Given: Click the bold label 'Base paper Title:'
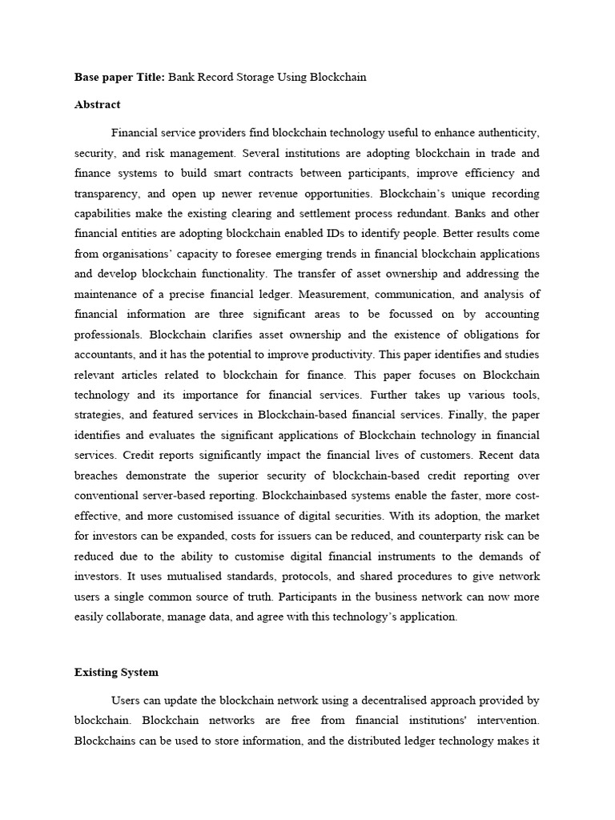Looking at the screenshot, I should [120, 78].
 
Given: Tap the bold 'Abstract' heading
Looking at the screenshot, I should [98, 104].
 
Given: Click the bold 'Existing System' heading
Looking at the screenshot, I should [116, 672].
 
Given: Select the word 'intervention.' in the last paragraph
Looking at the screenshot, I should [506, 720].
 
